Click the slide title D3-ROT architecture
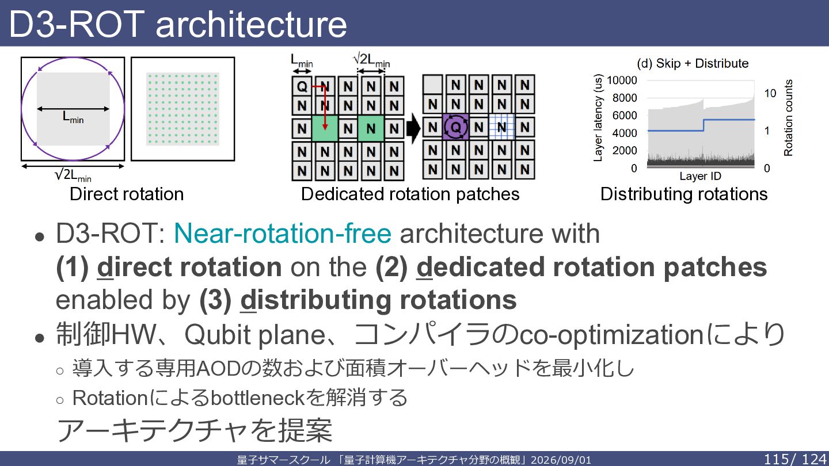pos(178,24)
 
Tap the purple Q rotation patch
pos(455,127)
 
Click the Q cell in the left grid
pos(302,86)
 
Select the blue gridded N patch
pos(501,127)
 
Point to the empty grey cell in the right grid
pos(433,85)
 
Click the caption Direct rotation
pos(127,194)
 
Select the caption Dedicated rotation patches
pos(410,194)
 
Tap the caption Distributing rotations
pos(684,194)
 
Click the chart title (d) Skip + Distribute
pos(693,63)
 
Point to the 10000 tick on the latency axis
pos(622,81)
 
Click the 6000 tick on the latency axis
pos(625,116)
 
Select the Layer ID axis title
pos(700,176)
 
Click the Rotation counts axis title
pos(788,117)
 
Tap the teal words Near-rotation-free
pos(282,234)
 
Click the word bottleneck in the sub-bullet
pos(257,398)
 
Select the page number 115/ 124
pos(796,459)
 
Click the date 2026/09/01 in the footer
pos(561,460)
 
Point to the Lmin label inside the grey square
pos(73,117)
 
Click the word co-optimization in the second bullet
pos(611,335)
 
